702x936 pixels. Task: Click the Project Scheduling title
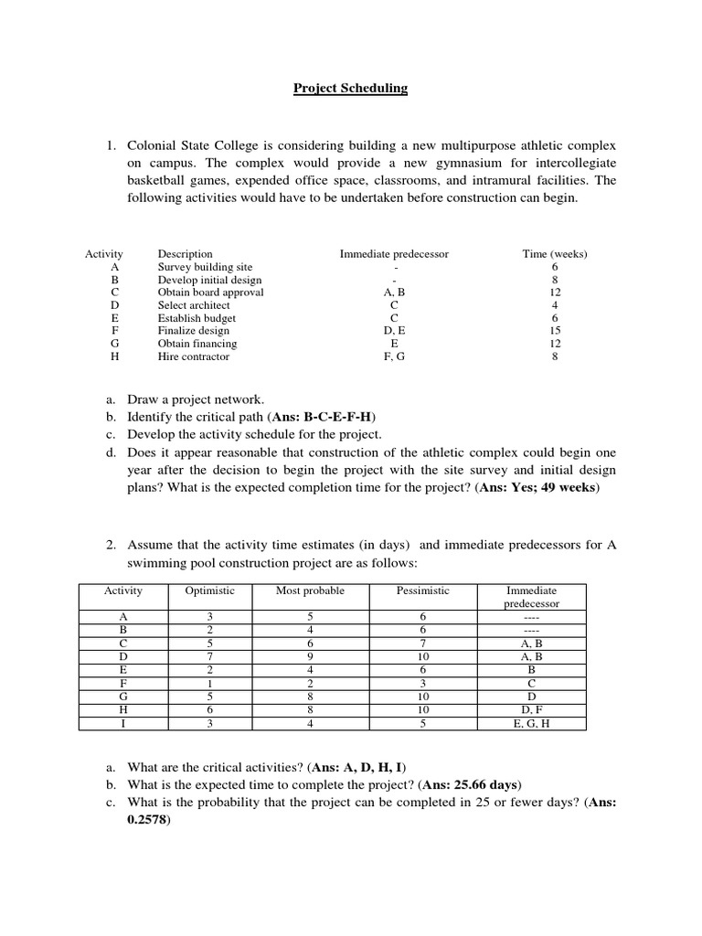(x=350, y=89)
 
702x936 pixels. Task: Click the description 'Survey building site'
(x=205, y=267)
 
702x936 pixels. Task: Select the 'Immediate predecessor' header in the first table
(x=394, y=254)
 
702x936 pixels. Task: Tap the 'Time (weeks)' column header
(x=555, y=254)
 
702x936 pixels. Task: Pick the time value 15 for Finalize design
(x=555, y=331)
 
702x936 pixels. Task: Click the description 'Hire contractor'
(x=194, y=356)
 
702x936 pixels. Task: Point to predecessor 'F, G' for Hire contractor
(x=394, y=356)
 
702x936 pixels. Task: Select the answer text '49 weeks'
(x=566, y=487)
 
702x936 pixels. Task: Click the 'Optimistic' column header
(x=209, y=590)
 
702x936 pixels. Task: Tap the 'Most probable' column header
(x=310, y=590)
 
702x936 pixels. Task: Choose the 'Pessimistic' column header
(x=422, y=590)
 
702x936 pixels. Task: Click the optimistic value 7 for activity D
(x=209, y=655)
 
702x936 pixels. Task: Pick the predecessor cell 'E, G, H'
(x=531, y=723)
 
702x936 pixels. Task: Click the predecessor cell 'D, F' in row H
(x=531, y=709)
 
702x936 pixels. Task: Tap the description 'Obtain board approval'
(x=210, y=292)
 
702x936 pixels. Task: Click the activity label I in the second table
(x=123, y=723)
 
